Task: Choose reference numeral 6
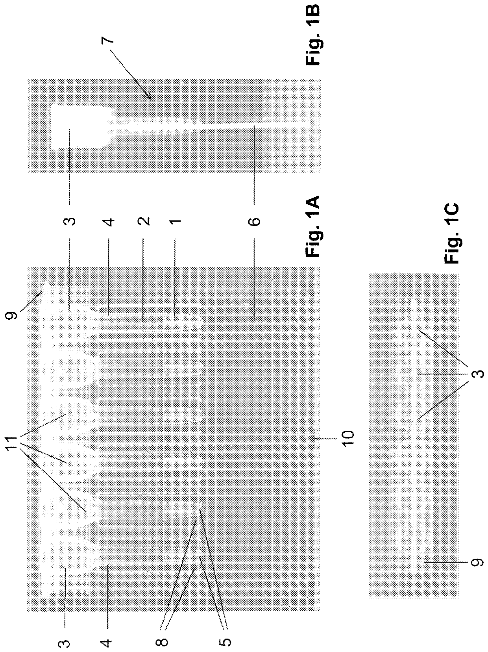(255, 221)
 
